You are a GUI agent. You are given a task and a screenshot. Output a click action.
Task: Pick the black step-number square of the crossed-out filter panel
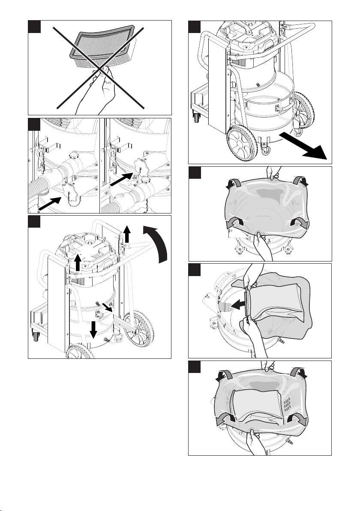[34, 27]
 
